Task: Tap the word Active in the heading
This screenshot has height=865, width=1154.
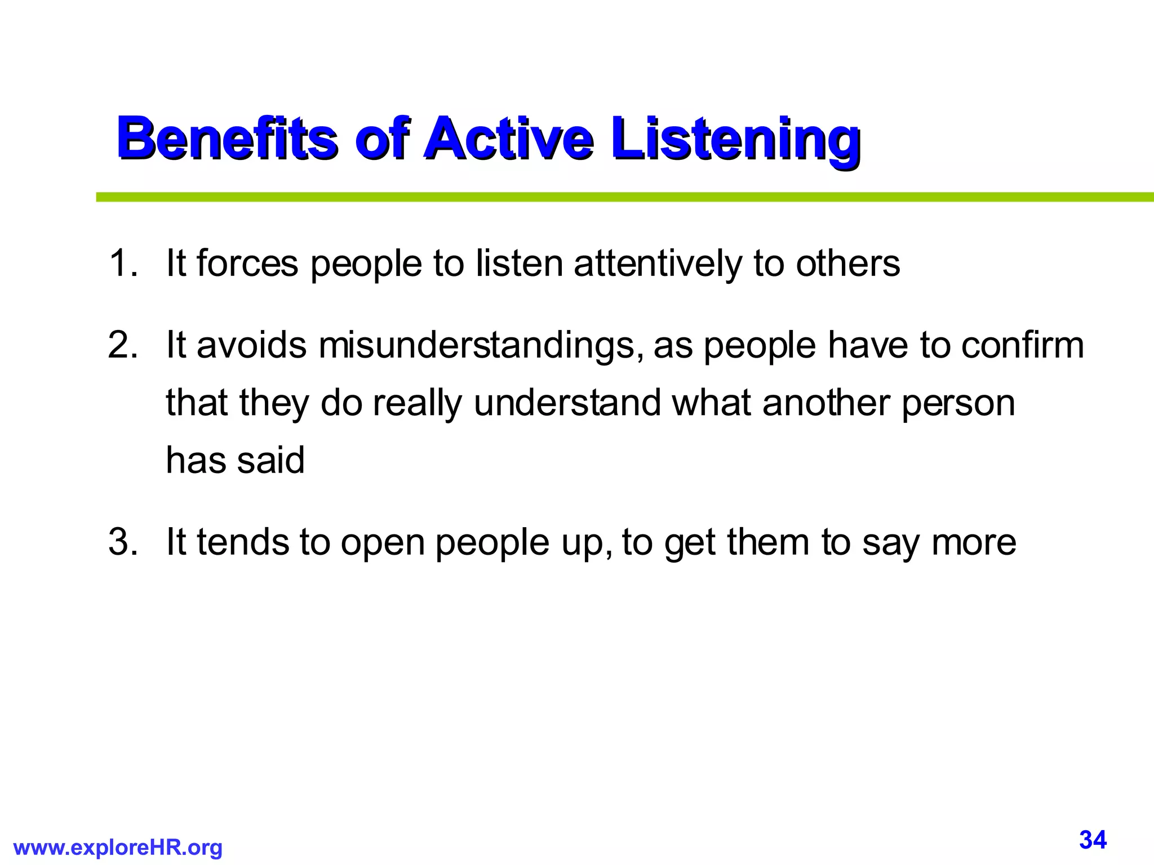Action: (508, 137)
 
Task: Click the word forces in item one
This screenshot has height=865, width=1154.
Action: (247, 263)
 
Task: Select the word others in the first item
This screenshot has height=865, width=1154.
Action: (847, 263)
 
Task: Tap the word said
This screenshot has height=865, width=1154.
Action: (270, 460)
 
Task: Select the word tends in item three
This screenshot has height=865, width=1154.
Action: (242, 542)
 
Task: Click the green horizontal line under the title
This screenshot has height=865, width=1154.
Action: (620, 197)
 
